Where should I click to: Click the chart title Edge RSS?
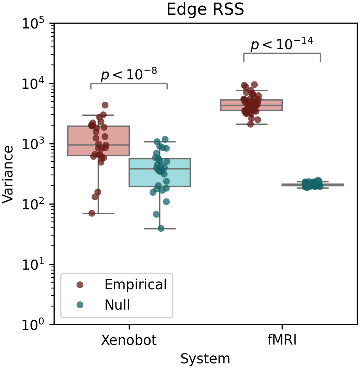(x=205, y=9)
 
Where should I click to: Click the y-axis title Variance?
(x=8, y=174)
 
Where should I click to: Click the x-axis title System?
(x=205, y=359)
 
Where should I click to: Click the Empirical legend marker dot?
(x=80, y=285)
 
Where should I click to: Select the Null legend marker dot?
(x=80, y=305)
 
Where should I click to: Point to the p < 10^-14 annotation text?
(x=282, y=44)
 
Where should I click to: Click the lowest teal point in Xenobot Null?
(x=161, y=228)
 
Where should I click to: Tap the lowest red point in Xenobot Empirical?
(x=92, y=213)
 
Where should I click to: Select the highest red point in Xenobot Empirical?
(x=105, y=105)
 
